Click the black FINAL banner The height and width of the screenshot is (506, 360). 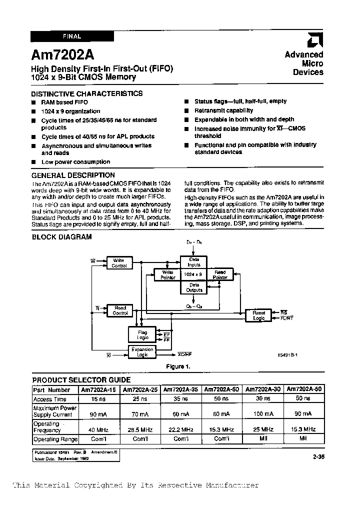pos(72,36)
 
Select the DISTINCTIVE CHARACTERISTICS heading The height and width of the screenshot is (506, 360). pos(86,93)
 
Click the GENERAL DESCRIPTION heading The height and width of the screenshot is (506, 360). pos(73,175)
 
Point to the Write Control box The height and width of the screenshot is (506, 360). pos(119,263)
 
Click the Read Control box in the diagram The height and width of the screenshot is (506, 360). pos(120,310)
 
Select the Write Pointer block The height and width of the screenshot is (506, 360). pos(168,274)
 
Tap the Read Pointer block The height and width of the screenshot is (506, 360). pos(220,274)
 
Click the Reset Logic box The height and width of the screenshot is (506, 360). pos(258,315)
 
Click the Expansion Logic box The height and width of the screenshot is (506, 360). pos(142,351)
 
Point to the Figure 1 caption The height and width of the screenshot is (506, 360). pos(178,366)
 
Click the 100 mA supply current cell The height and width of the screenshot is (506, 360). pos(263,414)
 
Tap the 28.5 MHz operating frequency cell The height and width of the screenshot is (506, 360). pos(140,429)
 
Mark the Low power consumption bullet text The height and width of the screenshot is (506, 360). pos(75,162)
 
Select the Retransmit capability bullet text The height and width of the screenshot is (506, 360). pos(223,110)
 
